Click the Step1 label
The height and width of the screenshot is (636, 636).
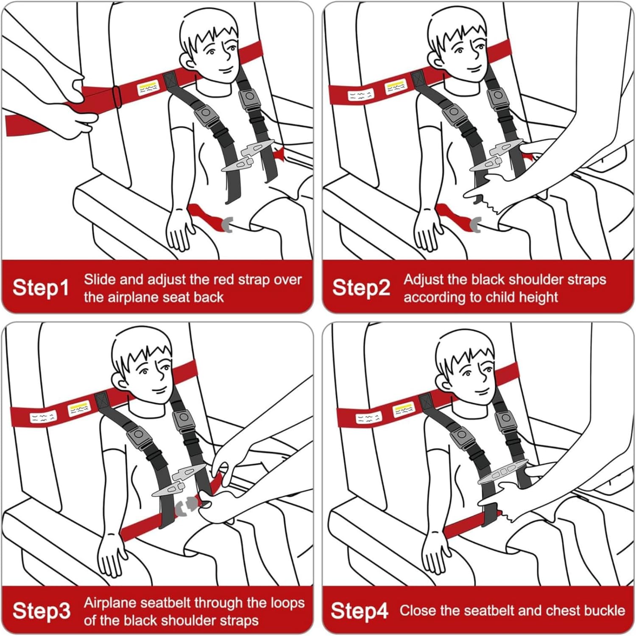tap(40, 288)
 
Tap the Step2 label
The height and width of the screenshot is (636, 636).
tap(361, 288)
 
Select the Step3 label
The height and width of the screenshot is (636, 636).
tap(41, 611)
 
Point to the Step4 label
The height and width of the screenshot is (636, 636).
tap(359, 611)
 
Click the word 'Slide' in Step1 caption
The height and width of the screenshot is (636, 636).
tap(100, 280)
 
